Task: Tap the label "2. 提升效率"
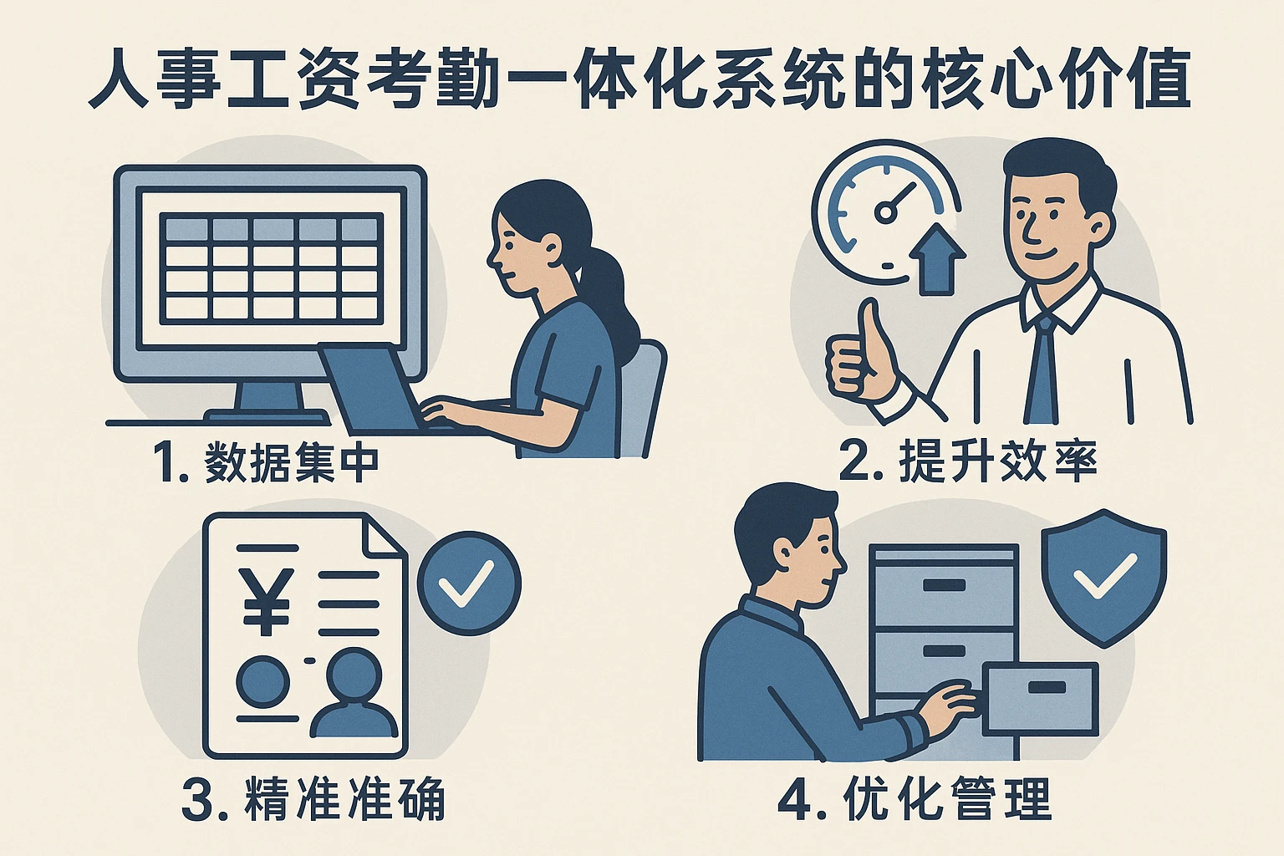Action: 968,461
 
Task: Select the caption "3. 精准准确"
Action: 313,798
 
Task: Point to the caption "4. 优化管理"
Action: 915,798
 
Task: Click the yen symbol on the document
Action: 265,601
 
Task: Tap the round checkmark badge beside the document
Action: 469,583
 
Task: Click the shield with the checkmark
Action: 1103,578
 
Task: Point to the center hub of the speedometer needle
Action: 885,212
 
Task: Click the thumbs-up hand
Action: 860,355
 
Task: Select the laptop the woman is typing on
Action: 379,390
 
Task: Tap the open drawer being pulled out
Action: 1041,698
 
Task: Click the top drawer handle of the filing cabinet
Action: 944,585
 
